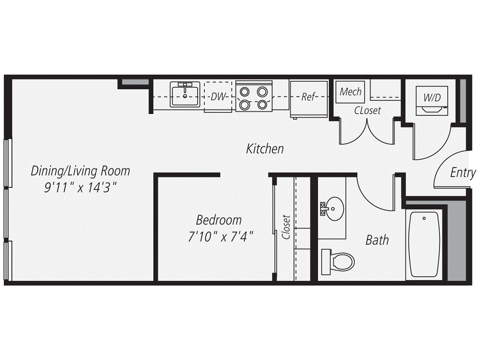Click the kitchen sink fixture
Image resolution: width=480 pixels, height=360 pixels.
(185, 94)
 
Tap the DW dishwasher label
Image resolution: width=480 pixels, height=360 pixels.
(218, 97)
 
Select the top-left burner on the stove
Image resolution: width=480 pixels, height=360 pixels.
(245, 91)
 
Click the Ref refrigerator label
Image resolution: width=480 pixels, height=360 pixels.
(308, 97)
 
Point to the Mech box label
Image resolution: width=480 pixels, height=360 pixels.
(351, 91)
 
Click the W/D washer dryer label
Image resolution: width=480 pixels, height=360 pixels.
(432, 97)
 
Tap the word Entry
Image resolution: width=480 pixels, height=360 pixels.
(463, 172)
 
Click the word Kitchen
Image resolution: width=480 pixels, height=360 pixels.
(265, 149)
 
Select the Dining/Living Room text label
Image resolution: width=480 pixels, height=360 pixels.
(81, 171)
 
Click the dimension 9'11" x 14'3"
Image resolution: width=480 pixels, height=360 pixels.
(81, 187)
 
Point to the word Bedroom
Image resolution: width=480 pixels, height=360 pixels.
(219, 220)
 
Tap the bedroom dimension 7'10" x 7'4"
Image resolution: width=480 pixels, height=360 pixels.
(221, 237)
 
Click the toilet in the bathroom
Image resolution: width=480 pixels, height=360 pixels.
(338, 262)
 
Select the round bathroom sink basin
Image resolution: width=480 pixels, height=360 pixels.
(335, 209)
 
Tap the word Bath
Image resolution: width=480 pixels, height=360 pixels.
(377, 240)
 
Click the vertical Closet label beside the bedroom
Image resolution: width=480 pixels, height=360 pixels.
(286, 227)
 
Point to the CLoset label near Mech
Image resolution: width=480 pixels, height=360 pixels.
(367, 110)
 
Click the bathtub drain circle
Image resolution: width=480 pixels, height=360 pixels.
(424, 218)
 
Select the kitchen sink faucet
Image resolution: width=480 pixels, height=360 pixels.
(185, 88)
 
